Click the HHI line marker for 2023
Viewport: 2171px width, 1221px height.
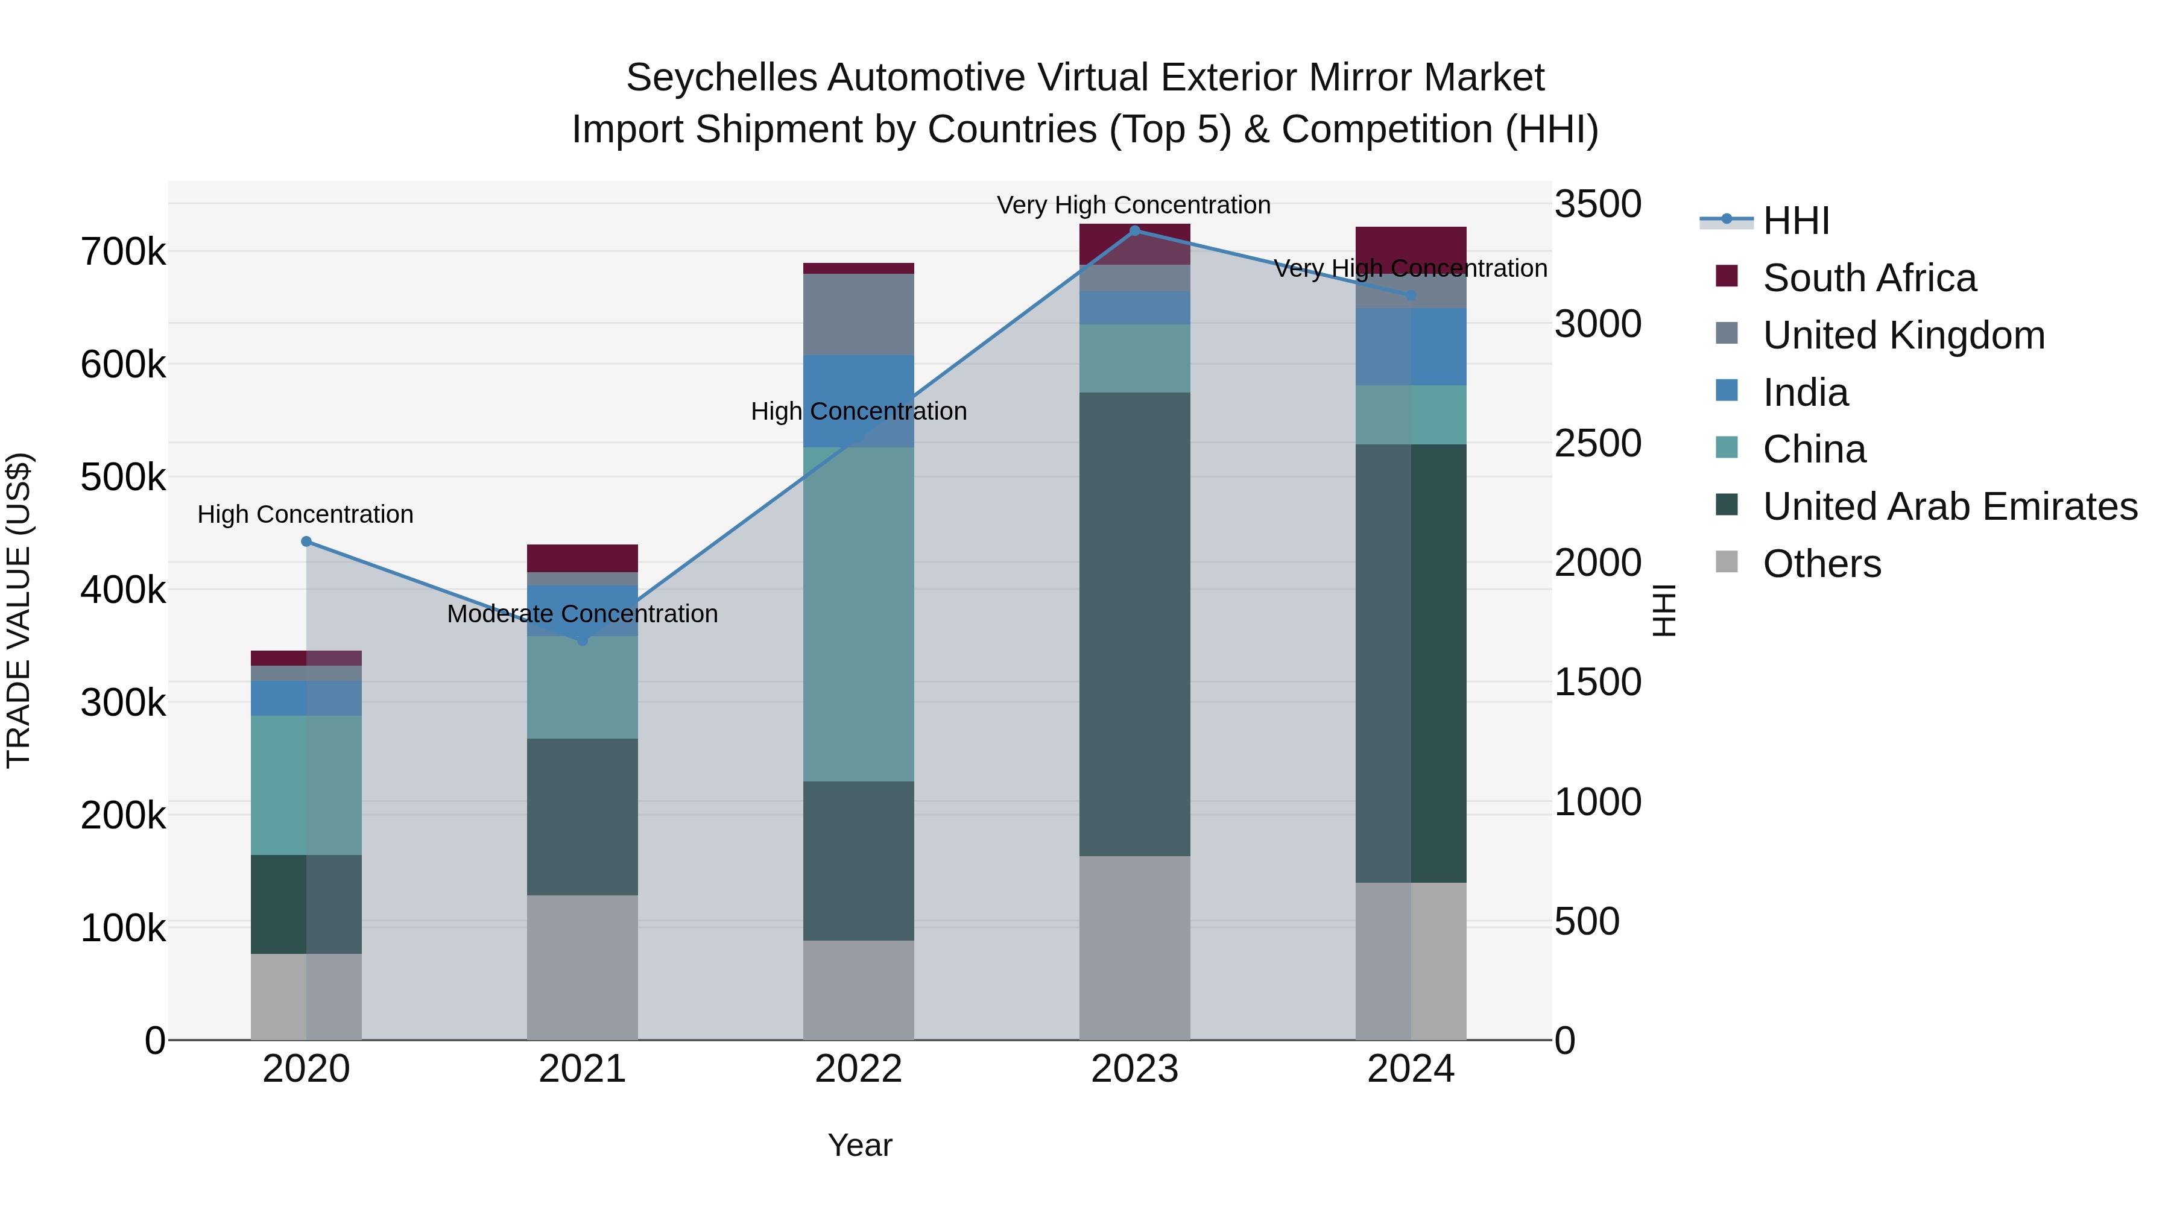click(x=1134, y=231)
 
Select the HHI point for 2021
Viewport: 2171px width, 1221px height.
click(x=583, y=640)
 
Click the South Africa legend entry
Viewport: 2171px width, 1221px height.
click(x=1868, y=278)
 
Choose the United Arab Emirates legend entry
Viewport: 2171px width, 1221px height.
click(x=1949, y=506)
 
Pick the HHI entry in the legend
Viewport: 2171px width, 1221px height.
click(x=1795, y=221)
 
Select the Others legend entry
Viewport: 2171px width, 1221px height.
click(x=1821, y=564)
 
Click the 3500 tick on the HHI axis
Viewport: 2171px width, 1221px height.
click(x=1597, y=204)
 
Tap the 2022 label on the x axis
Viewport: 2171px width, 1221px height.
click(x=858, y=1069)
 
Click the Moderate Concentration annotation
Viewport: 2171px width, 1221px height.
click(x=583, y=613)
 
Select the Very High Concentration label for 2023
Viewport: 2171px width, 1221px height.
click(x=1134, y=205)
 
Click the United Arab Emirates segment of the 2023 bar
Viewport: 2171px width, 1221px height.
click(x=1134, y=623)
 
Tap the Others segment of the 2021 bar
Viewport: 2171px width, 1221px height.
click(x=583, y=967)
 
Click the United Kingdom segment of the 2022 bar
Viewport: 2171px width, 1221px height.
click(x=858, y=314)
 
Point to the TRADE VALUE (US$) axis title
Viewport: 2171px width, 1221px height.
click(x=19, y=610)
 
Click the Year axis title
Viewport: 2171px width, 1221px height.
click(x=859, y=1145)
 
